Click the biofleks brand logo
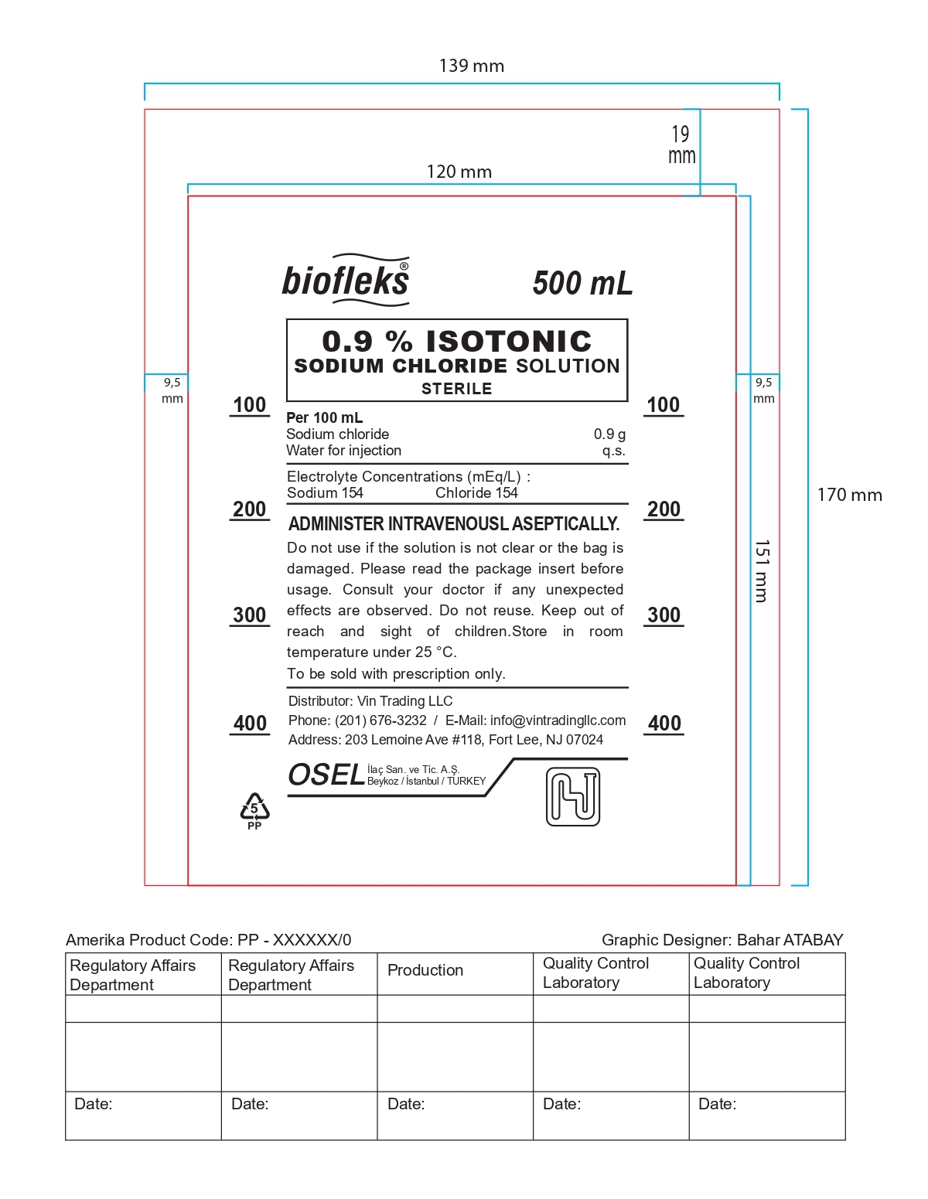[x=345, y=280]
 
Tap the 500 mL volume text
[x=582, y=283]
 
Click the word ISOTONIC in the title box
[x=509, y=342]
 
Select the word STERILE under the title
[x=456, y=389]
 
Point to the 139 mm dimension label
[x=471, y=66]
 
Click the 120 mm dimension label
[x=459, y=172]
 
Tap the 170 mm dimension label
[x=849, y=496]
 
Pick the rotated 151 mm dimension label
[x=762, y=571]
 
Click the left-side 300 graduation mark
[x=250, y=615]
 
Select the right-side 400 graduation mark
[x=664, y=724]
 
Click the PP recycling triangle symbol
[x=254, y=810]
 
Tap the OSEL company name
[x=326, y=775]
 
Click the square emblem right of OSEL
[x=573, y=796]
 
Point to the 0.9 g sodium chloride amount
[x=609, y=434]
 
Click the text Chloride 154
[x=476, y=493]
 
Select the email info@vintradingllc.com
[x=558, y=720]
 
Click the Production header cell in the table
[x=425, y=970]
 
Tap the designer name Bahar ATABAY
[x=790, y=940]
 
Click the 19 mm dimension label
[x=681, y=145]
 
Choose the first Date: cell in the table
[x=94, y=1104]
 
